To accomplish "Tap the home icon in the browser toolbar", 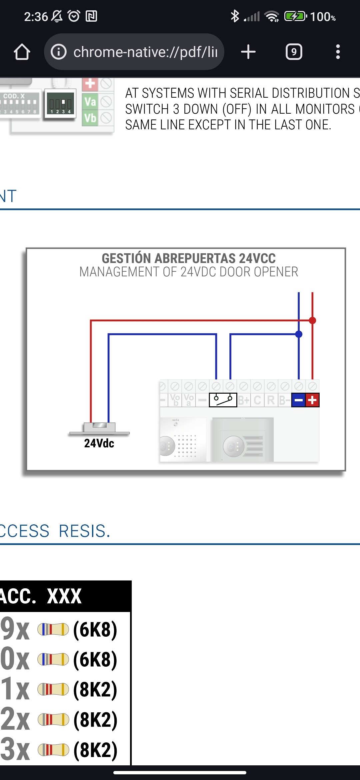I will pos(22,52).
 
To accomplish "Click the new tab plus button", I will pos(248,52).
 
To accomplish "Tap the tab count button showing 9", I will pos(294,52).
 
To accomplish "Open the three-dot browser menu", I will pos(338,52).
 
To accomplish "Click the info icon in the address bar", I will pos(59,52).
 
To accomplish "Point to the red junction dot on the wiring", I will pos(312,320).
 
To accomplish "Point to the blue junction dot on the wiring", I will pos(299,334).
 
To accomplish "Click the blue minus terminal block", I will pos(299,400).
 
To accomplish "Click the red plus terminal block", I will pos(312,400).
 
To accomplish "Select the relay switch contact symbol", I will pos(223,400).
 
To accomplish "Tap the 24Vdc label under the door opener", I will pos(99,443).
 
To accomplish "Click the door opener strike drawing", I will pos(99,428).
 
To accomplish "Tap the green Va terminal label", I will pos(90,101).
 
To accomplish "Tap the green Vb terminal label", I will pos(90,118).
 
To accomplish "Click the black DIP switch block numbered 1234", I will pos(60,104).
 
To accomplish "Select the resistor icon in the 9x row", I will pos(53,629).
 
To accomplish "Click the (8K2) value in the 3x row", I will pos(95,750).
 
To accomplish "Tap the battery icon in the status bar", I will pos(295,16).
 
